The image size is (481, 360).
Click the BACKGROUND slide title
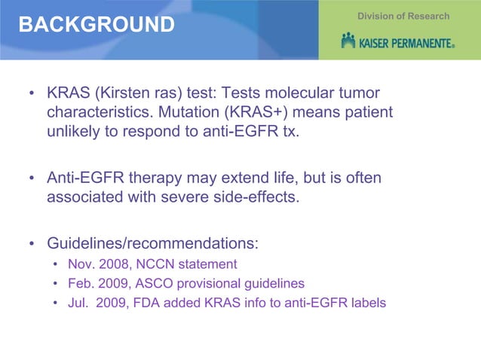point(96,25)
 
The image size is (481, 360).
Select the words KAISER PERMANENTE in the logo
point(407,42)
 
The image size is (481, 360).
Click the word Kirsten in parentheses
point(129,94)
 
